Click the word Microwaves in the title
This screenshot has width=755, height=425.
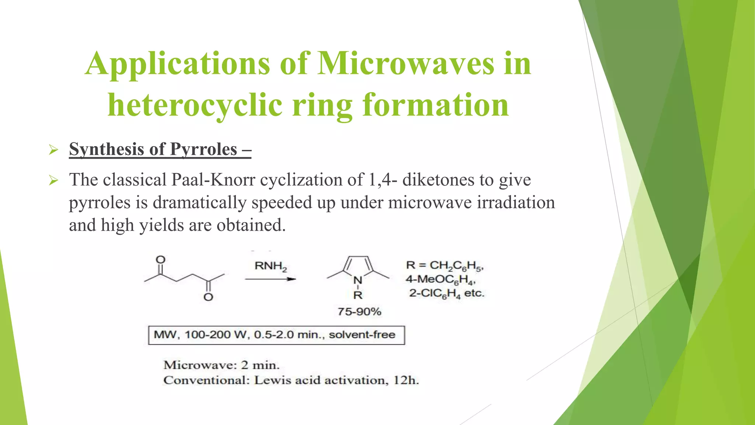click(406, 63)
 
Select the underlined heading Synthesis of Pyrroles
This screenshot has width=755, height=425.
click(160, 149)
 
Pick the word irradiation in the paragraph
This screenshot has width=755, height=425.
click(516, 203)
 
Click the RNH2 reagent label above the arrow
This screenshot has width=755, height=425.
click(271, 266)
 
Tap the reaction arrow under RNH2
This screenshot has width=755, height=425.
click(271, 279)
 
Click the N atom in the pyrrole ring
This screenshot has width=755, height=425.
click(358, 281)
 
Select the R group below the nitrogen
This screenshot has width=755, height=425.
click(358, 295)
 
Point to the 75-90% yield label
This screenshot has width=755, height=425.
click(359, 312)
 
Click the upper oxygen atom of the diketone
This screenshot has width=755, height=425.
click(160, 259)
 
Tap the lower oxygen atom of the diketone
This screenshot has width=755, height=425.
click(208, 297)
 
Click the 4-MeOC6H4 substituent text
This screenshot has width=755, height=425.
click(441, 280)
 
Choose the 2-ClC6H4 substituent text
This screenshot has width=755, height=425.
click(435, 294)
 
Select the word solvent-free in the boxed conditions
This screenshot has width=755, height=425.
click(362, 335)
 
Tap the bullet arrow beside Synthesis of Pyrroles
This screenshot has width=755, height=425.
click(53, 150)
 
